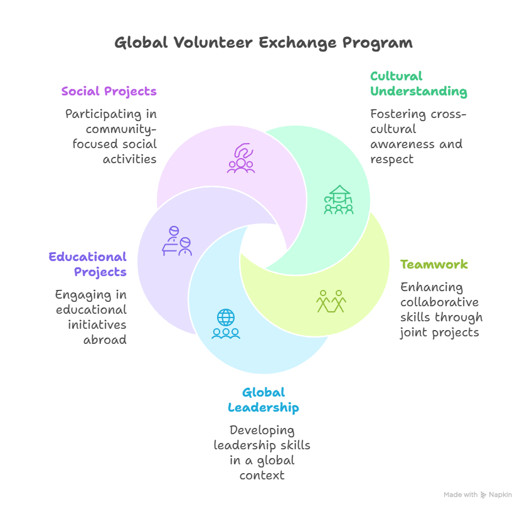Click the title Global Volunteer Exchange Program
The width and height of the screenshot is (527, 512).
[263, 43]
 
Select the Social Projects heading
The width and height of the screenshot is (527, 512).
[109, 92]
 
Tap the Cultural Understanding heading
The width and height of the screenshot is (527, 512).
[418, 84]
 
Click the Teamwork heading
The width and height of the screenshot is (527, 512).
[434, 264]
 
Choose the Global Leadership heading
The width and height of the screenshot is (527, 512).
[263, 400]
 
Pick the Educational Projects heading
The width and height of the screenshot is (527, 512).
[88, 264]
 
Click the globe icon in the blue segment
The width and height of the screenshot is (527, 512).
[225, 317]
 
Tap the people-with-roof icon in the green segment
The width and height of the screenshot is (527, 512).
[338, 200]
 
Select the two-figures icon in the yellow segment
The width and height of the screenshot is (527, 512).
[331, 301]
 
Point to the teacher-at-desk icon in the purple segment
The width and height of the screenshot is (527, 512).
[177, 241]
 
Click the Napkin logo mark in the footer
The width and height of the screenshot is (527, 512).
[483, 495]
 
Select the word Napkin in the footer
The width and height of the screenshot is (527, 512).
[500, 495]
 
